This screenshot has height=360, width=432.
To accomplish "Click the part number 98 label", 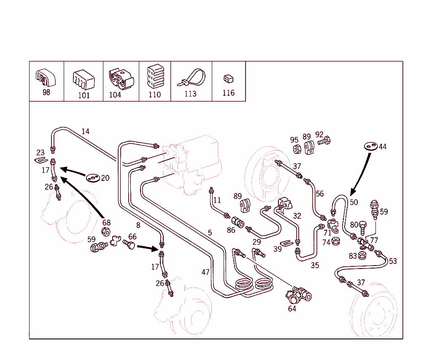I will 46,93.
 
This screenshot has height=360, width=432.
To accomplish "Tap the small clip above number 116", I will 228,78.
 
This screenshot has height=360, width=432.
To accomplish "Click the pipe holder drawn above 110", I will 155,76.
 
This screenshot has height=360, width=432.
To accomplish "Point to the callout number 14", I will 86,132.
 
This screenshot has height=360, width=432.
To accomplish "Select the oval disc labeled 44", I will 370,146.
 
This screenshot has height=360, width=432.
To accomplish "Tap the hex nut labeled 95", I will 297,149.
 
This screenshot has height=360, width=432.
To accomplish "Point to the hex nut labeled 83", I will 362,255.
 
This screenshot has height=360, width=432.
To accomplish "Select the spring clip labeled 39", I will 287,243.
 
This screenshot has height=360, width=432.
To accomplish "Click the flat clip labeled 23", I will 40,160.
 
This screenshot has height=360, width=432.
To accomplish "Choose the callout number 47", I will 205,272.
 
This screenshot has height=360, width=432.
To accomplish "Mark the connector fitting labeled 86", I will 238,222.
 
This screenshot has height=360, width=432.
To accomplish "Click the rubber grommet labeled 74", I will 336,242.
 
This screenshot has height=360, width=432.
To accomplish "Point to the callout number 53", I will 393,261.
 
